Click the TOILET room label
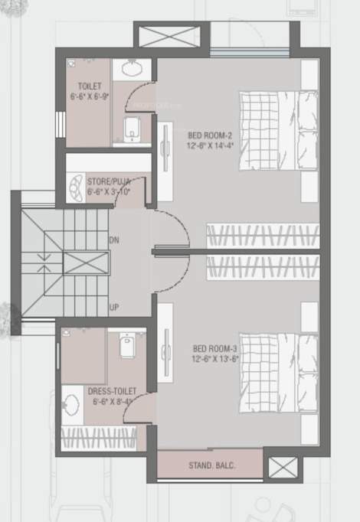(85, 86)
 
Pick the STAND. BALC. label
(211, 465)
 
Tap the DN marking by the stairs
(114, 240)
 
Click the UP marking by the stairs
(114, 307)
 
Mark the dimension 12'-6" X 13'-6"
(216, 358)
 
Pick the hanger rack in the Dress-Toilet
(100, 438)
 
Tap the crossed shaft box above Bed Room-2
(171, 35)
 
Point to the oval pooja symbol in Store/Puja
(78, 186)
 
